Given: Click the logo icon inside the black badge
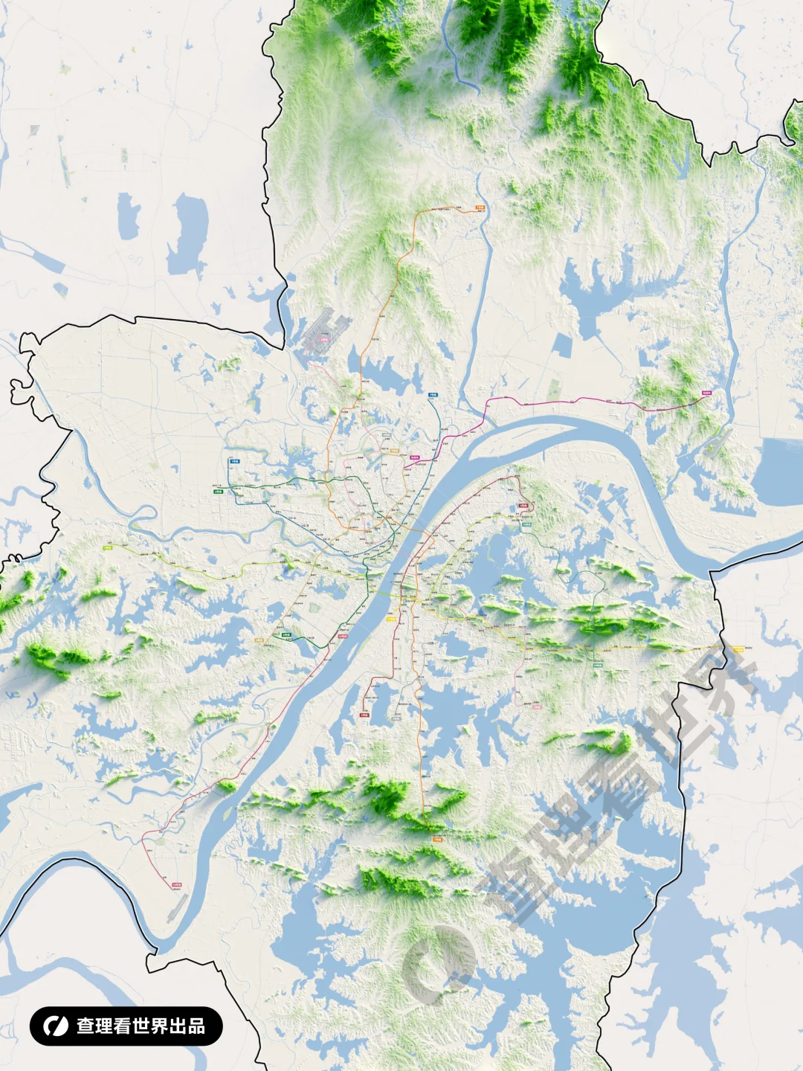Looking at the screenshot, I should (x=54, y=1026).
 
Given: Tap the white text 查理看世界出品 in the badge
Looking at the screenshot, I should (x=141, y=1026).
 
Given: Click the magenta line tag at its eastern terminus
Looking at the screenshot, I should (x=706, y=393).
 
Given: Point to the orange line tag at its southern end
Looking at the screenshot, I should (x=437, y=839).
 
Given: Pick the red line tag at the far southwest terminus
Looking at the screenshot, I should (x=176, y=885).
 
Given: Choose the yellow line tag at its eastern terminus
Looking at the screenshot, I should (x=738, y=649).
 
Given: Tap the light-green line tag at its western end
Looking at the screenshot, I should (x=107, y=547).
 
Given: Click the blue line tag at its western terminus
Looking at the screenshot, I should (x=235, y=462).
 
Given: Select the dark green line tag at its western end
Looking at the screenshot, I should (x=219, y=492).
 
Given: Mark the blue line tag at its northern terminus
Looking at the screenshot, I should (x=433, y=396).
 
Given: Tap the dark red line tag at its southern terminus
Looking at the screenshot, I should (x=364, y=715).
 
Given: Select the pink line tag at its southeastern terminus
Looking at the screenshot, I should (x=537, y=707).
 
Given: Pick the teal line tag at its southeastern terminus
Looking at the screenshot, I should (x=598, y=665).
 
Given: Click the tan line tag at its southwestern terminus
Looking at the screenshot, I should (x=259, y=640).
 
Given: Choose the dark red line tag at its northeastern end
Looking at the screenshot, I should (x=523, y=506).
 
